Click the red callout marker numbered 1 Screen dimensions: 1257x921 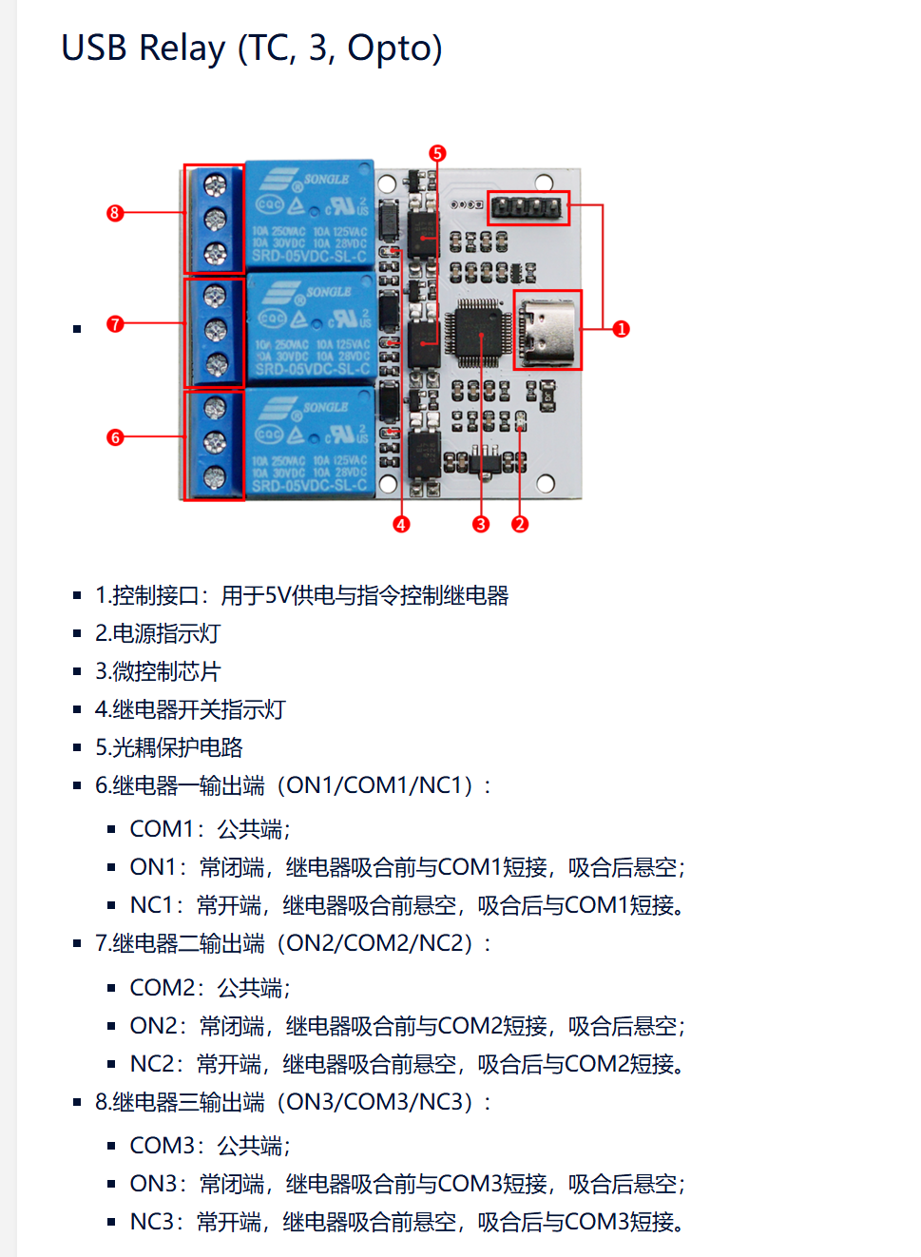(622, 329)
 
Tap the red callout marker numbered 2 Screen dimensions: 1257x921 (520, 524)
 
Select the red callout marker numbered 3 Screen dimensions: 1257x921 (481, 524)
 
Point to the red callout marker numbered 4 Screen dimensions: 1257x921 (401, 524)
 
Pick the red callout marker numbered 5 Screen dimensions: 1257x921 (437, 153)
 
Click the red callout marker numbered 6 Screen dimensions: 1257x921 (115, 437)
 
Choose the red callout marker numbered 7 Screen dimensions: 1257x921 (115, 324)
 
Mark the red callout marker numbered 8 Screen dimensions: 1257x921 (115, 213)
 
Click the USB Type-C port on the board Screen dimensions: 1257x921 (547, 330)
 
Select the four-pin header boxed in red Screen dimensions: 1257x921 (528, 207)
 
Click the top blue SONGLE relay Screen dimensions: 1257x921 (310, 215)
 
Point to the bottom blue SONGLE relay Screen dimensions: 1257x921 (310, 442)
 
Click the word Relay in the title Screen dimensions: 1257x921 (182, 48)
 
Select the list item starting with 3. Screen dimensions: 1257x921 (158, 671)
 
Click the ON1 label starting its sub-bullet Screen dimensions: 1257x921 (153, 867)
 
